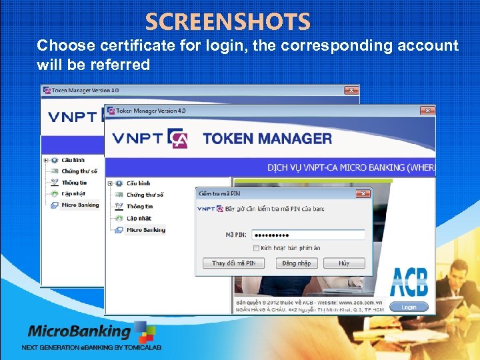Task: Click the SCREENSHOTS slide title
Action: coord(228,23)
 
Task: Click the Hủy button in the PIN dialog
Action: coord(343,263)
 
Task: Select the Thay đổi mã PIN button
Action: coord(233,263)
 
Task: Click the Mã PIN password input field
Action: coord(308,235)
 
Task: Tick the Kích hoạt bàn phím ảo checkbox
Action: coord(256,248)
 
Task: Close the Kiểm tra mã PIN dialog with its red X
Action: coord(363,194)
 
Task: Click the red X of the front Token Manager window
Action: coord(424,111)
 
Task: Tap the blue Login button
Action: coord(409,307)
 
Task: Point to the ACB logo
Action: coord(409,282)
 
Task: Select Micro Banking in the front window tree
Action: coord(145,230)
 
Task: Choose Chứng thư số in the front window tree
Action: coord(145,195)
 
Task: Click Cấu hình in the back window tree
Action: coord(73,160)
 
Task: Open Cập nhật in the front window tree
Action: coord(139,218)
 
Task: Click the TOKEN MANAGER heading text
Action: coord(267,139)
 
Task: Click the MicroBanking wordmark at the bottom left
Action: coord(79,331)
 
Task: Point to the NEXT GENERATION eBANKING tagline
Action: coord(91,347)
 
